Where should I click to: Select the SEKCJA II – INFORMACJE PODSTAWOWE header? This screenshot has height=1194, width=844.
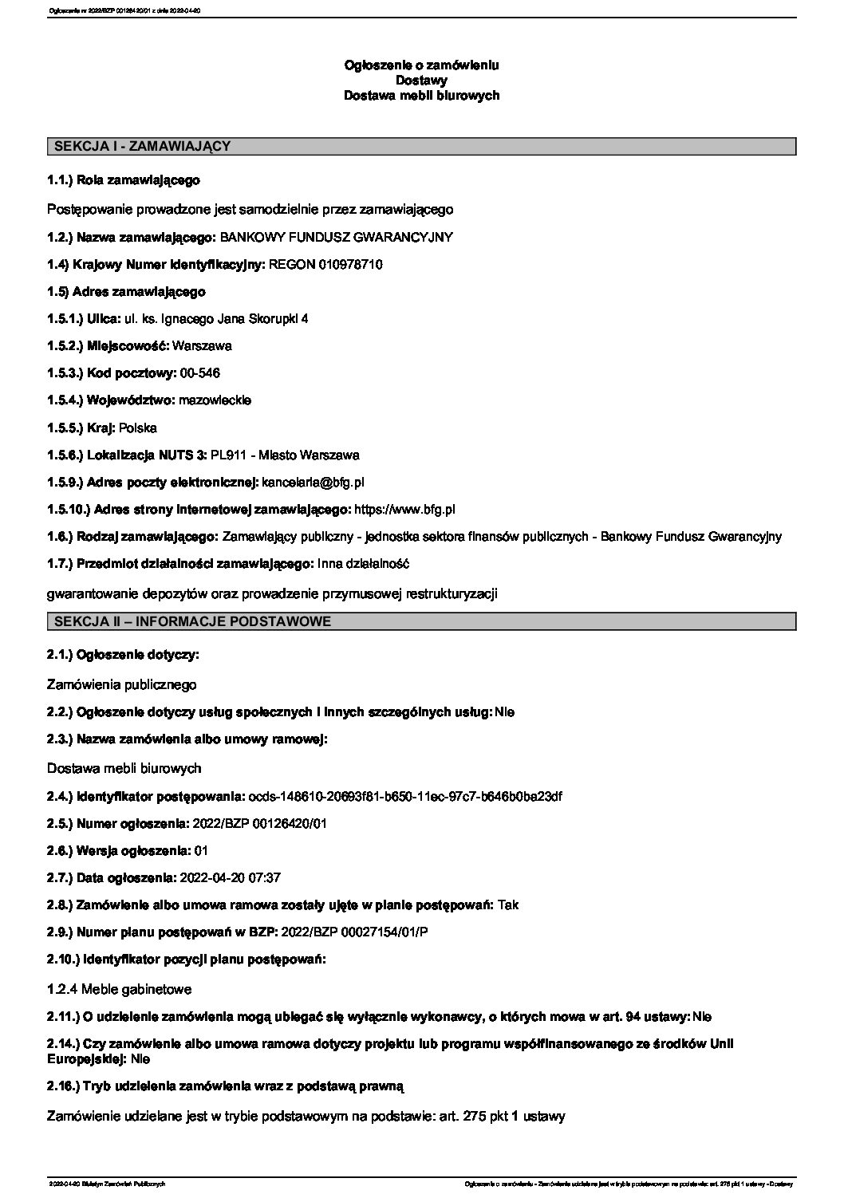(191, 621)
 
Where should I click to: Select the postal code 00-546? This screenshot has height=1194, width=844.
(200, 372)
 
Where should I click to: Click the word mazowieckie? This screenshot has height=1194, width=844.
(215, 400)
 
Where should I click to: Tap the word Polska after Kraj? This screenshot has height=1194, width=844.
(138, 428)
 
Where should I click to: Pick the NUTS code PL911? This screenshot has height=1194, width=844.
(224, 455)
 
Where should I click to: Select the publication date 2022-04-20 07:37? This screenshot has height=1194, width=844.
(231, 877)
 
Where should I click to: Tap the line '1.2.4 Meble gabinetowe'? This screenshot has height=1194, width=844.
(120, 989)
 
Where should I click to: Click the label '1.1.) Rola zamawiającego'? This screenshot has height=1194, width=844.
(124, 180)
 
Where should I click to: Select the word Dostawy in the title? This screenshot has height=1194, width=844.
(421, 80)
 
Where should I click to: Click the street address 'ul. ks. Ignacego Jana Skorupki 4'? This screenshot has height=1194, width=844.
(215, 318)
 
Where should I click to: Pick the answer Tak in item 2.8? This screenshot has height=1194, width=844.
(507, 904)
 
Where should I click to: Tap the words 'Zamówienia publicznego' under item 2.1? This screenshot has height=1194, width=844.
(122, 684)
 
